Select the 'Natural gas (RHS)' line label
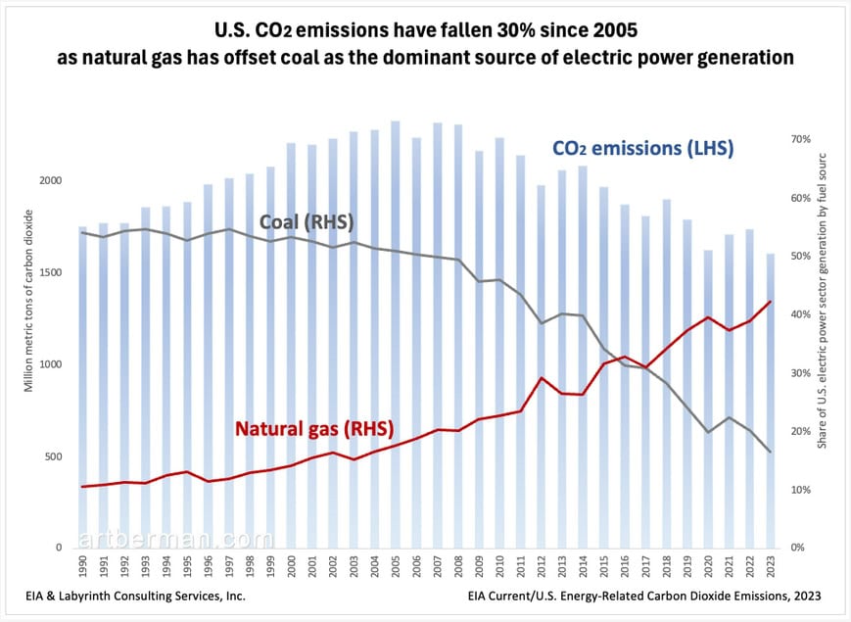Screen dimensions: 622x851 point(313,428)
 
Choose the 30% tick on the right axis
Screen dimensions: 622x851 point(801,373)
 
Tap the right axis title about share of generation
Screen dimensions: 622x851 point(823,300)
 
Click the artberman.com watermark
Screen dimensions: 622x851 point(177,539)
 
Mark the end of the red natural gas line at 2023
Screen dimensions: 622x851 point(770,302)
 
